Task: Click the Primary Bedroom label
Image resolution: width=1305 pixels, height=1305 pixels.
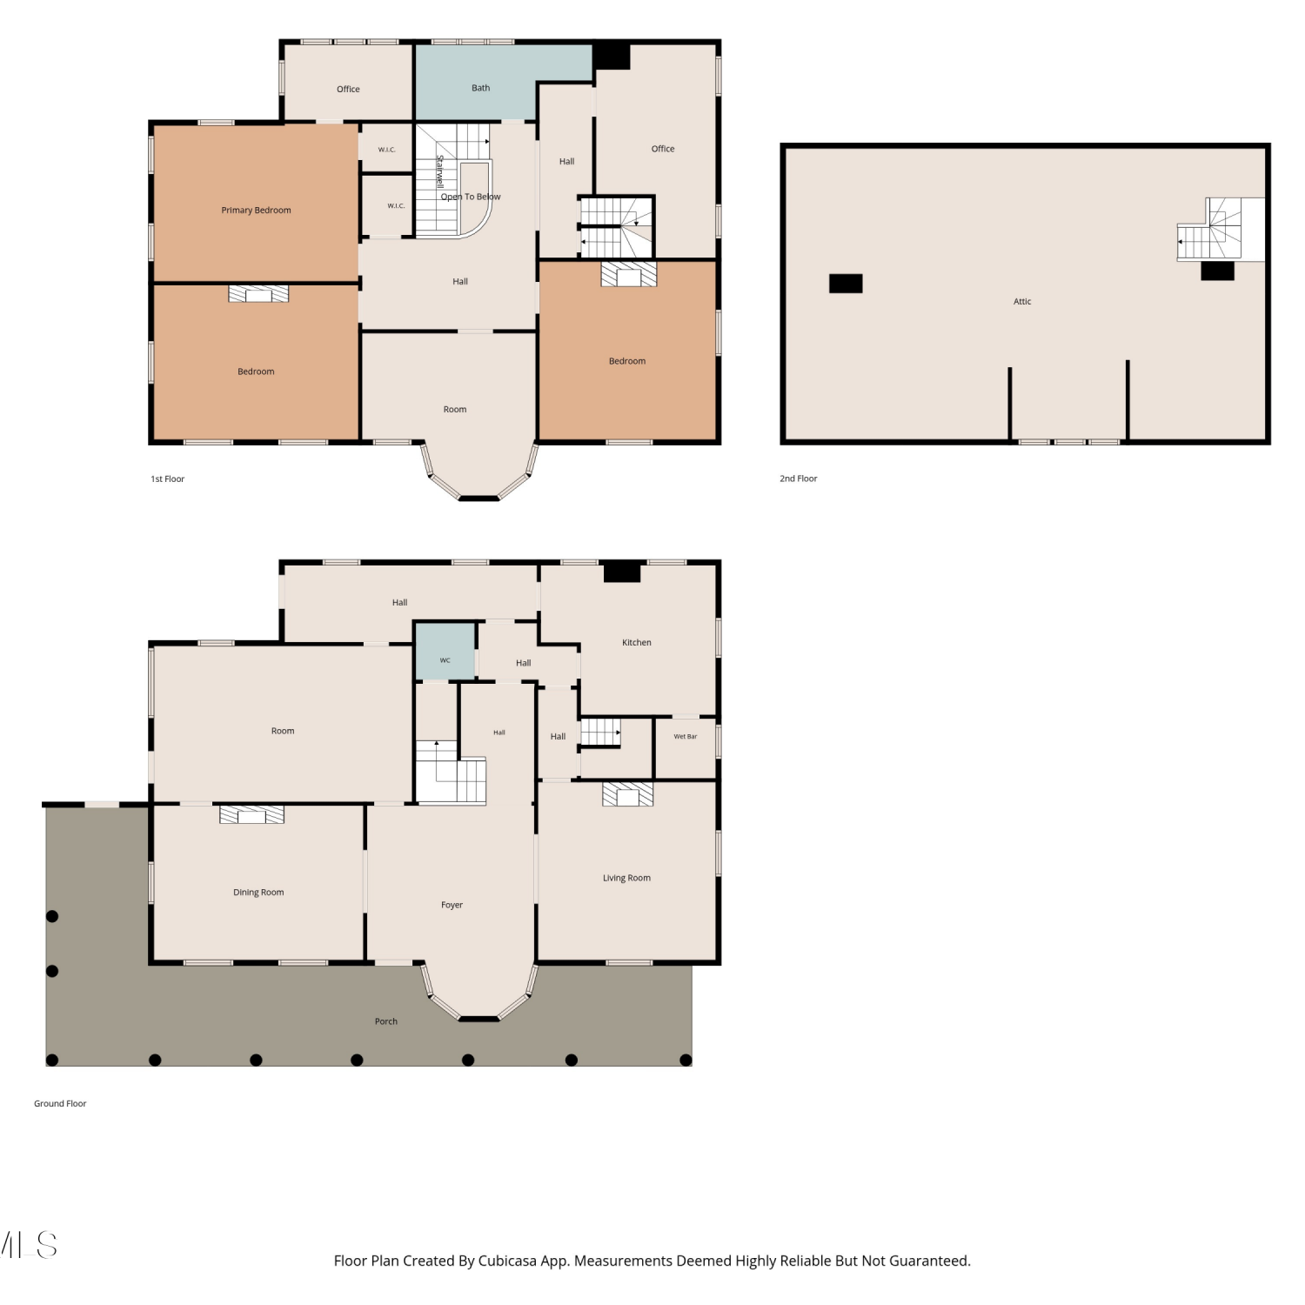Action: tap(256, 211)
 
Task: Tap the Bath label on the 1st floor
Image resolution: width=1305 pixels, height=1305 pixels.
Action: tap(480, 88)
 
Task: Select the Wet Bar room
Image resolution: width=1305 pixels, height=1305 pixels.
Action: tap(686, 748)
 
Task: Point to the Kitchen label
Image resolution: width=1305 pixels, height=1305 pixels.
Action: tap(636, 643)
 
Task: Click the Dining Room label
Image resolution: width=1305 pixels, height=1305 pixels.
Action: tap(258, 893)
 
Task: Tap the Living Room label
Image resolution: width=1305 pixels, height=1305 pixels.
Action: tap(626, 878)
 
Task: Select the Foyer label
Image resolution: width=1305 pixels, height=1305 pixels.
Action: tap(452, 905)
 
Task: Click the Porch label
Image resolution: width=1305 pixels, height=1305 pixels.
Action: tap(385, 1021)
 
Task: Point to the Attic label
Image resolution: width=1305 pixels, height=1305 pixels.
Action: tap(1022, 302)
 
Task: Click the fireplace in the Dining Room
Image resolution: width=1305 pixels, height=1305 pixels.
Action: tap(251, 814)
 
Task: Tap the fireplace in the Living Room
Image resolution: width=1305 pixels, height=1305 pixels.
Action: tap(627, 794)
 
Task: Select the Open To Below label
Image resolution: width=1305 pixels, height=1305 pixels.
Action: tap(471, 197)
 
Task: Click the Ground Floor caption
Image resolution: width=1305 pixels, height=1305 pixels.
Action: tap(60, 1104)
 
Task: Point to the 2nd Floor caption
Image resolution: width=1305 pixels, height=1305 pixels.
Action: tap(798, 478)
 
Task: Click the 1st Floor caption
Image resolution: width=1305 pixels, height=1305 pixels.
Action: tap(168, 478)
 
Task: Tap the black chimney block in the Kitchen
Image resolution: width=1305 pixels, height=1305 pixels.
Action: tap(622, 572)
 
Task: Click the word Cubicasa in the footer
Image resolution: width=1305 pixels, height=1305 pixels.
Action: tap(507, 1261)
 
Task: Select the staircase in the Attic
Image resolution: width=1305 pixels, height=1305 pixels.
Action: tap(1208, 229)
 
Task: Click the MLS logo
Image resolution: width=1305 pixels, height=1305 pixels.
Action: tap(29, 1245)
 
